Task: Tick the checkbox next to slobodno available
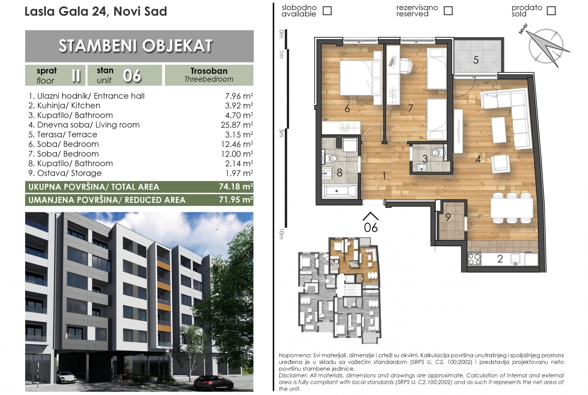327,11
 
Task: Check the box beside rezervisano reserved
448,11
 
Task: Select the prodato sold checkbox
551,11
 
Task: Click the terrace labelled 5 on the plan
478,56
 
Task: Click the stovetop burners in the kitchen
474,259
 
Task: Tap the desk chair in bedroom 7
406,65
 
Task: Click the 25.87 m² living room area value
239,125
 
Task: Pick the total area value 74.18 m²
236,187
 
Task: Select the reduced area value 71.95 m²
236,199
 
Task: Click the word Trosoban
209,71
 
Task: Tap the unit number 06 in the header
132,76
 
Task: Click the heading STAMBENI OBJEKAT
135,46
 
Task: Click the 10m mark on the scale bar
281,234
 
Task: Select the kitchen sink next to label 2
515,258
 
